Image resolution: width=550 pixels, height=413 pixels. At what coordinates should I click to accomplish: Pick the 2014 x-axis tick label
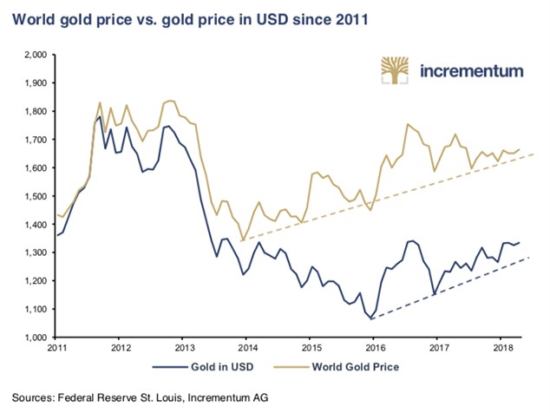click(246, 350)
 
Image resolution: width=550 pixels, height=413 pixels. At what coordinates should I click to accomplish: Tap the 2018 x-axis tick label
click(499, 350)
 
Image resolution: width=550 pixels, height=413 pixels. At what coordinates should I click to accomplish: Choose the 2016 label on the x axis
click(372, 350)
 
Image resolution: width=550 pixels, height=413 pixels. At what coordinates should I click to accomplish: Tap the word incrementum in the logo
click(472, 72)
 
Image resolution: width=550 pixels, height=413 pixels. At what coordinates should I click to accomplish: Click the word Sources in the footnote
click(34, 397)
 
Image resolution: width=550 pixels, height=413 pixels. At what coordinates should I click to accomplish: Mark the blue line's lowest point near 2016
click(372, 319)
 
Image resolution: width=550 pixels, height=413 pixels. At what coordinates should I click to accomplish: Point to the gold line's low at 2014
click(242, 239)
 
